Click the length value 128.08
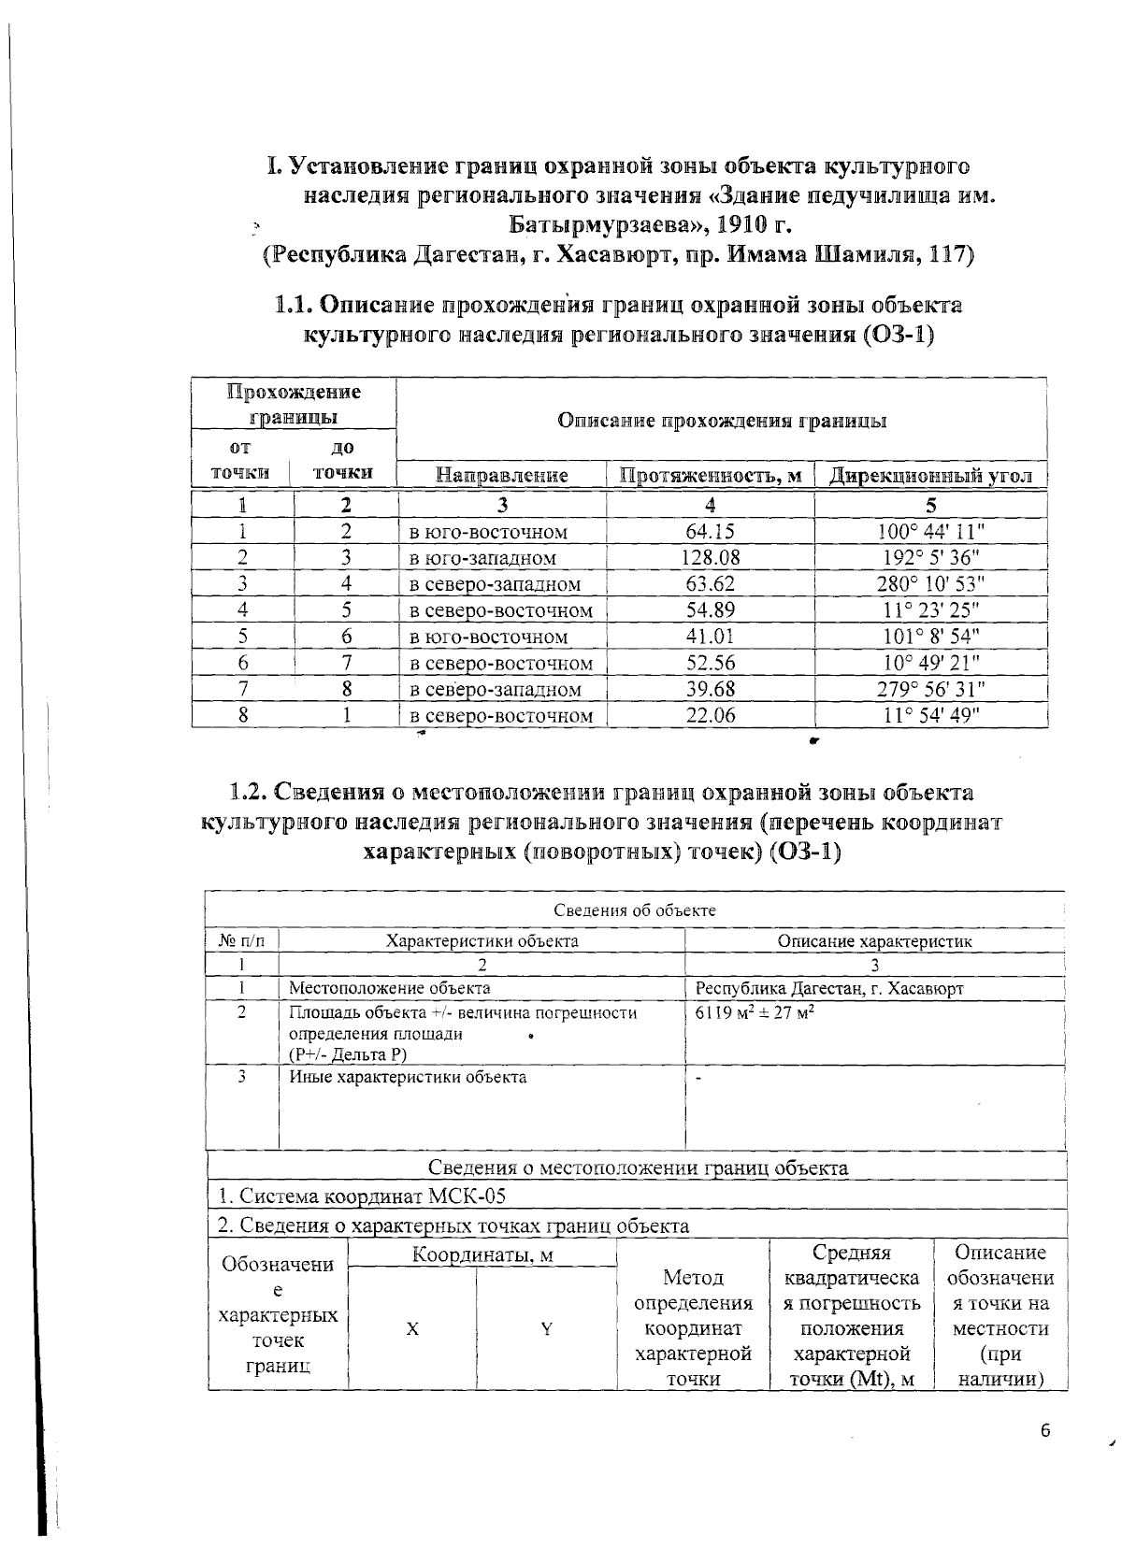click(x=711, y=558)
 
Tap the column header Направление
click(x=503, y=476)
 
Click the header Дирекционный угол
click(x=931, y=476)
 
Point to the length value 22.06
click(x=711, y=716)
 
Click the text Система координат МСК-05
click(x=362, y=1197)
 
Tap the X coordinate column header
click(x=411, y=1328)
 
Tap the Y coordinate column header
click(x=546, y=1328)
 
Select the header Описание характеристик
click(x=874, y=941)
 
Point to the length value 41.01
click(x=711, y=638)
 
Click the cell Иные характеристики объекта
click(x=408, y=1077)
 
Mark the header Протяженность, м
click(x=711, y=476)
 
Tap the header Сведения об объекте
click(x=635, y=910)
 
